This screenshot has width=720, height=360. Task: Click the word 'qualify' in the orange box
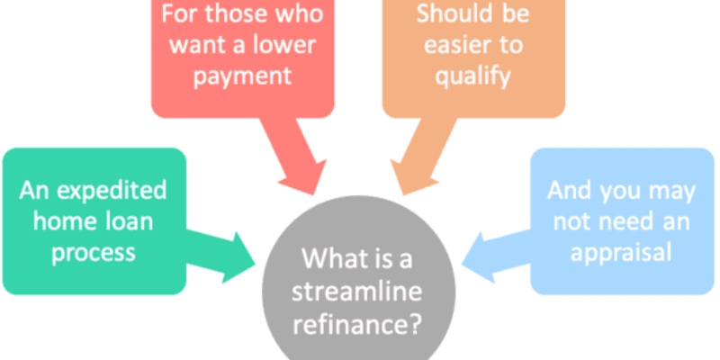tap(473, 75)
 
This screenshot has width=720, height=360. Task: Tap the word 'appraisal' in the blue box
tap(621, 252)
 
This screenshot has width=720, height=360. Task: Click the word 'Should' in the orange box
tap(447, 13)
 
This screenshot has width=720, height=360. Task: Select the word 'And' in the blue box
tap(568, 191)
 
